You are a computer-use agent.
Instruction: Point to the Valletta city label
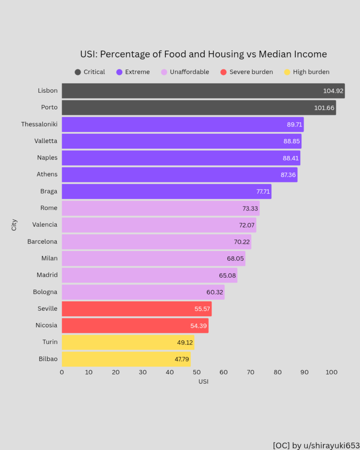(46, 141)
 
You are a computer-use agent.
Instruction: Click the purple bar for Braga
(166, 192)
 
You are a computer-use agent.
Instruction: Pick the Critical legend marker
(78, 72)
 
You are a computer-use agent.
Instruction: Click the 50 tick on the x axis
(196, 372)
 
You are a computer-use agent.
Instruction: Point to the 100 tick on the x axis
(331, 372)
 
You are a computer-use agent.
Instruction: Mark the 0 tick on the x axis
(62, 372)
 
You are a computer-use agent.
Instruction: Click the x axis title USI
(203, 381)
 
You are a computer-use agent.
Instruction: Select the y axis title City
(14, 225)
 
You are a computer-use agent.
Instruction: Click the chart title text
(203, 54)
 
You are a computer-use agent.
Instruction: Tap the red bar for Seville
(136, 309)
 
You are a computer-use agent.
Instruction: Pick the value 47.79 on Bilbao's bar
(182, 359)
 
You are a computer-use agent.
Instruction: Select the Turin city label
(50, 342)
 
